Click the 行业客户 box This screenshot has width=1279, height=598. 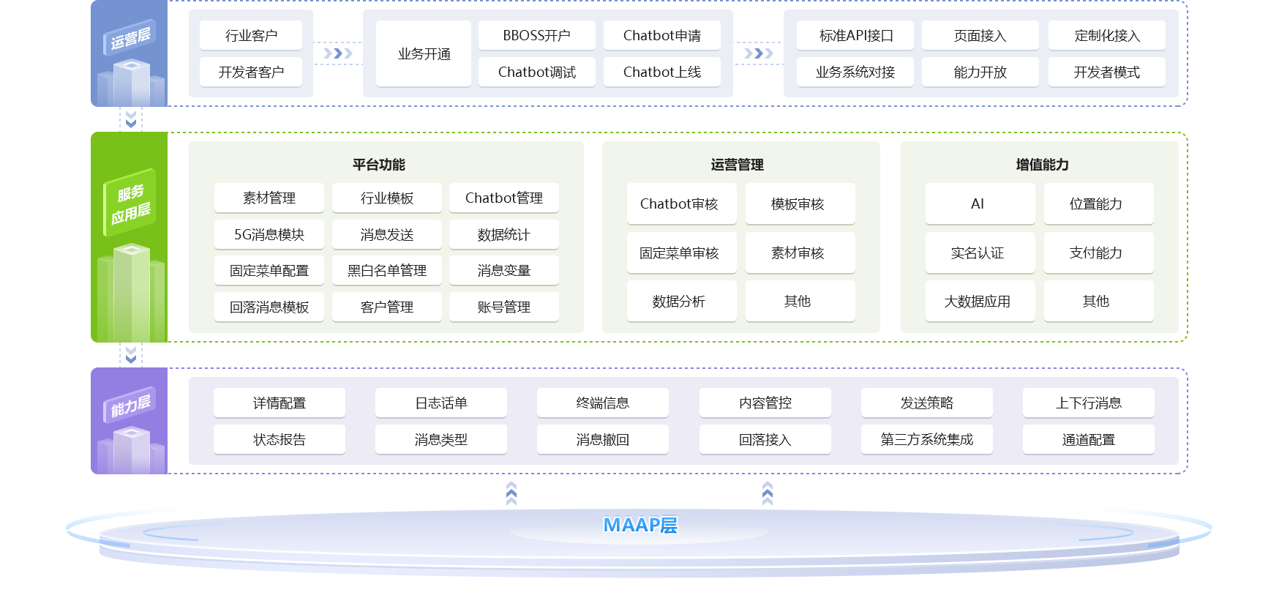251,35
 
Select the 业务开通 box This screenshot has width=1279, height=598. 424,53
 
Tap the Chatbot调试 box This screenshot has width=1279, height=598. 536,72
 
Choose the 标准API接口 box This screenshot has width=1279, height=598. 855,35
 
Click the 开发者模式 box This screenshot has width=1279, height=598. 1106,72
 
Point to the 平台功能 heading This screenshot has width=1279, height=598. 378,165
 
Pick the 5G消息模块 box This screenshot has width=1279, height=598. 269,234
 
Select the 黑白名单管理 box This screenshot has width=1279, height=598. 386,270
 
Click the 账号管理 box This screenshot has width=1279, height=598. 503,307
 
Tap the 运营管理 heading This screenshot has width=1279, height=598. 737,165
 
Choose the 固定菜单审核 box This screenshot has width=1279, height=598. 679,253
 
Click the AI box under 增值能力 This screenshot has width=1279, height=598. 978,203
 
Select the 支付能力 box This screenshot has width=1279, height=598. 1095,253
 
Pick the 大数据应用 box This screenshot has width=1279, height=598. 978,301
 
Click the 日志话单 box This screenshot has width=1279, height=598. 440,403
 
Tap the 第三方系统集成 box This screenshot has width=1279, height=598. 926,439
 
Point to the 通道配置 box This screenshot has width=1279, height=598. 1088,439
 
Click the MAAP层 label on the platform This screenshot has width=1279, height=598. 640,525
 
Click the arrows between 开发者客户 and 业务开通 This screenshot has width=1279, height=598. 337,53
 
